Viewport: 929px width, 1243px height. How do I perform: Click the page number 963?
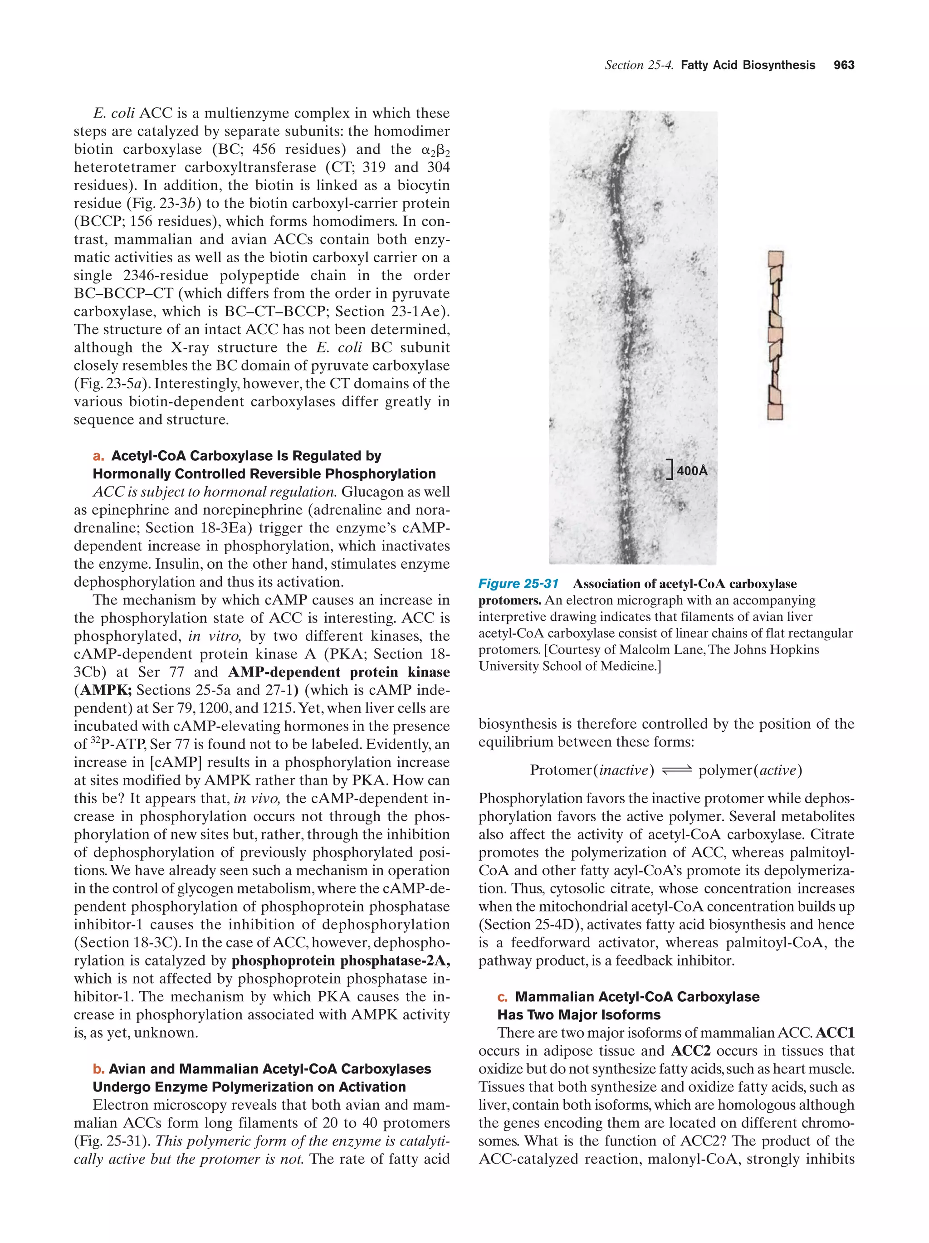(844, 65)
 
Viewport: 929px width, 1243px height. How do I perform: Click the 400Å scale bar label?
(692, 470)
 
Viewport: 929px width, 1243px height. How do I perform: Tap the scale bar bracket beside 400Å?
(670, 470)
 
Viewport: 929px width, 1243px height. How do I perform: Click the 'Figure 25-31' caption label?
(518, 584)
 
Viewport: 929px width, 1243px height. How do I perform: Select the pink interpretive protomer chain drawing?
(775, 335)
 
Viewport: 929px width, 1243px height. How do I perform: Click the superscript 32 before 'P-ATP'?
(96, 741)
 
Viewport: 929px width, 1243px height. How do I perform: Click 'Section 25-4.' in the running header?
(639, 65)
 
